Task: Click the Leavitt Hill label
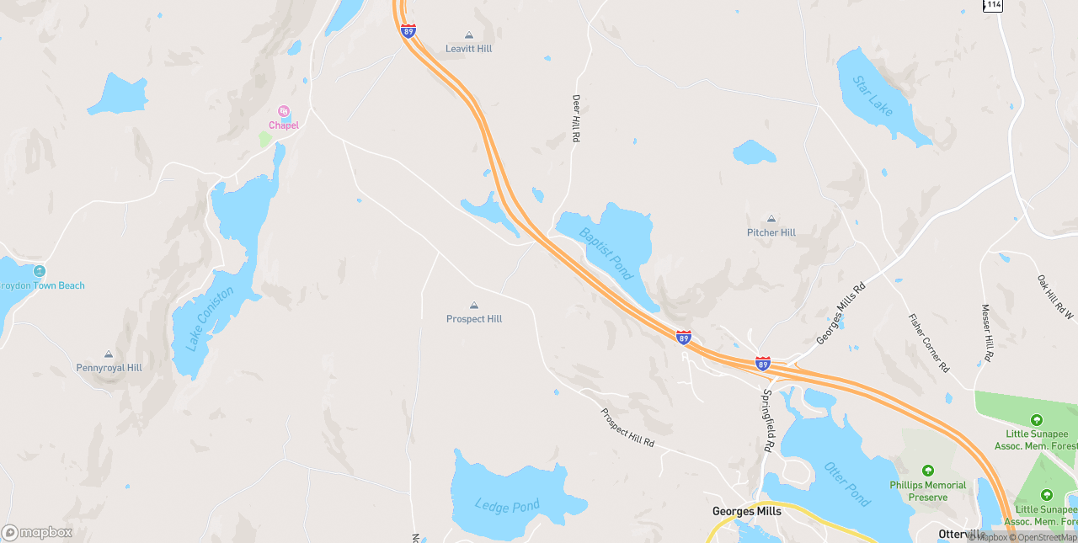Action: click(468, 49)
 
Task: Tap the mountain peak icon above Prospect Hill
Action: click(473, 306)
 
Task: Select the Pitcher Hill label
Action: click(771, 232)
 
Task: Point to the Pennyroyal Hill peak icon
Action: click(109, 354)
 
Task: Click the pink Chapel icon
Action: click(284, 111)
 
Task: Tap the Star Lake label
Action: click(873, 96)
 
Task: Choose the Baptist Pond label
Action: click(606, 253)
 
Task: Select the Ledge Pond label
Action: click(507, 506)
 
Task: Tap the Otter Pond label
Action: click(847, 484)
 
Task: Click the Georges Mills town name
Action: click(747, 511)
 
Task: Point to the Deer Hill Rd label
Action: click(577, 117)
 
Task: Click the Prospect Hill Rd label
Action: click(627, 428)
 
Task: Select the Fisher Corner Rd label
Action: click(929, 343)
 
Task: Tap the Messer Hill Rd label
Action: click(987, 333)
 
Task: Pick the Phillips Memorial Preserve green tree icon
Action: click(928, 471)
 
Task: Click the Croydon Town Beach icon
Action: click(40, 271)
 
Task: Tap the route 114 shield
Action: click(993, 5)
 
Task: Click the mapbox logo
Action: click(37, 532)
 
